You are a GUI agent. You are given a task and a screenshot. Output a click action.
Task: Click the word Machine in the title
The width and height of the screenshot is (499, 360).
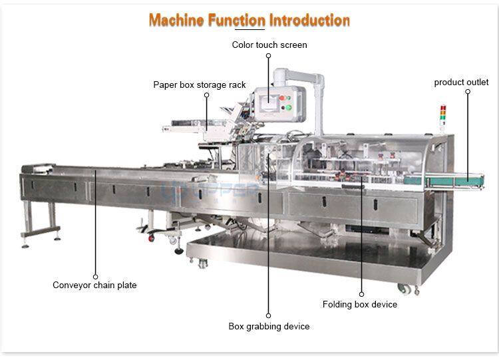click(x=175, y=20)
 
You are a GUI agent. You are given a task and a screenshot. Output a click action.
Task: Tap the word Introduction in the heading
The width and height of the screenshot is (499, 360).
click(x=309, y=20)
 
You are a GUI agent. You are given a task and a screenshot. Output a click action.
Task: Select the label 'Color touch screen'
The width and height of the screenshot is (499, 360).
click(x=269, y=45)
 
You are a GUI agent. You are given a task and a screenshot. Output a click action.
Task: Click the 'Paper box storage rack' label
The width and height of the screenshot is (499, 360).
click(x=200, y=85)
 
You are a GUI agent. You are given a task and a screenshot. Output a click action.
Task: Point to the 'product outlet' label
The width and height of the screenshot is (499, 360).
click(x=462, y=83)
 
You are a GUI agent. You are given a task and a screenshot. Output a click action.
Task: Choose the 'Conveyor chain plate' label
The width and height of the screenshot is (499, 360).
click(x=94, y=285)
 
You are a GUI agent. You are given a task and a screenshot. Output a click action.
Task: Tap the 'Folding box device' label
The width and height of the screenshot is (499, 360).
click(x=360, y=305)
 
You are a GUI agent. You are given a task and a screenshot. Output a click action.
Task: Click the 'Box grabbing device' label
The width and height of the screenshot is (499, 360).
click(x=269, y=327)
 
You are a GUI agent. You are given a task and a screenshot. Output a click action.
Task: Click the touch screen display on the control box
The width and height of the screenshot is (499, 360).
click(x=270, y=102)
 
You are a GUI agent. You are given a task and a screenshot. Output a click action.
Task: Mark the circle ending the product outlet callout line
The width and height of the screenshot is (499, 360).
click(x=467, y=92)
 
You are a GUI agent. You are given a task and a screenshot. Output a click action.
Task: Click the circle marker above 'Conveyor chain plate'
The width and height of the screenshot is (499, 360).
click(x=95, y=276)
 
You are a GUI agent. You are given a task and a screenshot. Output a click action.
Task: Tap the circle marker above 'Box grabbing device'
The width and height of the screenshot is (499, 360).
click(x=269, y=315)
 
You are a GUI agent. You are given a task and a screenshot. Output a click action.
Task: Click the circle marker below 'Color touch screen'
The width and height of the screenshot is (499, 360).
click(x=269, y=56)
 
